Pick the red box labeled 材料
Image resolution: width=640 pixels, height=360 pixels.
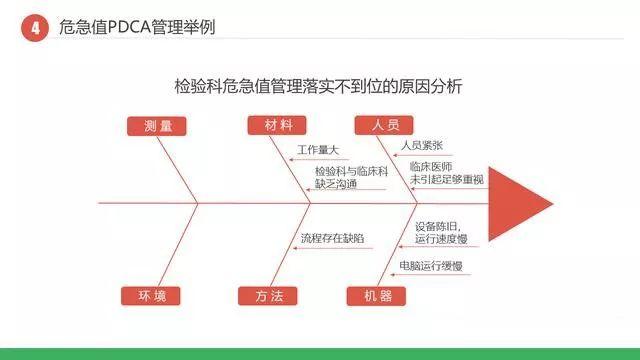(277, 125)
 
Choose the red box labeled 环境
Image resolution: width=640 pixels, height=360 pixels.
(151, 295)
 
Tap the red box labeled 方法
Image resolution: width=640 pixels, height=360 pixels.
(268, 295)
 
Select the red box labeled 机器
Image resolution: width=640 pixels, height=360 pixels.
(376, 295)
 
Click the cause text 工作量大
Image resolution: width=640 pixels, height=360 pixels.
(319, 151)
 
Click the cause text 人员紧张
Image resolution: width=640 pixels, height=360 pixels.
(421, 145)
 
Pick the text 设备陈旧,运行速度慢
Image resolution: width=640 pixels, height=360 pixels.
(446, 233)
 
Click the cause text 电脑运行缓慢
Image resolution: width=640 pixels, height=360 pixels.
(430, 265)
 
